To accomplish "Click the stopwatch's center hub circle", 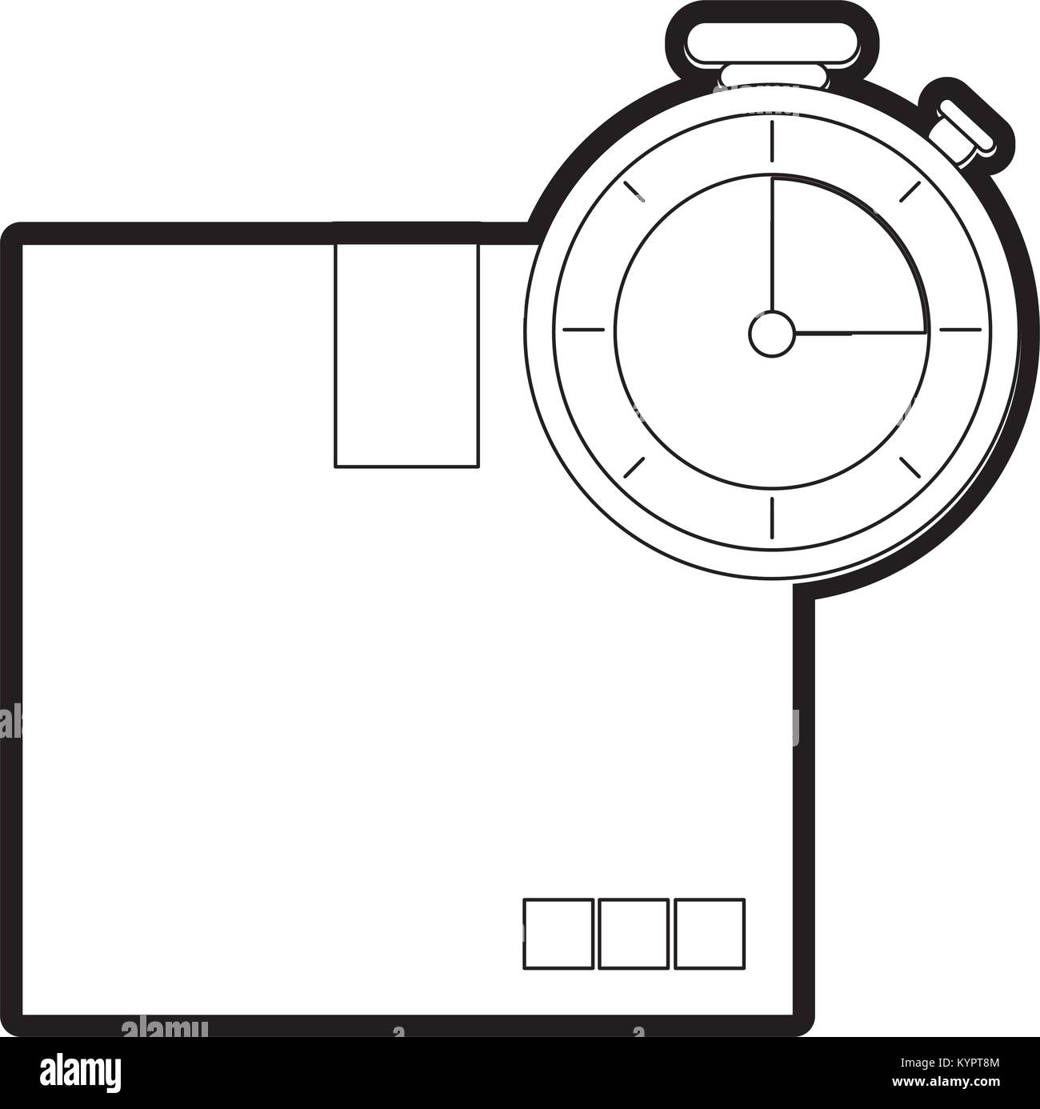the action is coord(770,334).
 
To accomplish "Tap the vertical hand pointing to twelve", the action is coord(773,244).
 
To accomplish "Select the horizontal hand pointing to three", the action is coord(860,334).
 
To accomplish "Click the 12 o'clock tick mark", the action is coord(772,142).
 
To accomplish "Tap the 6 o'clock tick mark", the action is coord(772,518).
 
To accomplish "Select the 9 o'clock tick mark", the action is coord(584,330).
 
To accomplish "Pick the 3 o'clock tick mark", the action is coord(960,330).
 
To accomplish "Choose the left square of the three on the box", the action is coord(558,934).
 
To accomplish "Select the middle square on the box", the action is coord(634,934).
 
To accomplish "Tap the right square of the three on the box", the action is coord(710,934).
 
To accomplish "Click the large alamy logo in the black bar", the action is coord(80,1072).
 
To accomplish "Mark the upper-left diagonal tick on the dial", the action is coord(634,191).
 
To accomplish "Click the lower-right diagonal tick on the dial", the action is coord(910,467).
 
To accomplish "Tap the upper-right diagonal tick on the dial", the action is coord(910,191).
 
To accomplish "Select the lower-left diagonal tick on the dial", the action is coord(634,467).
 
